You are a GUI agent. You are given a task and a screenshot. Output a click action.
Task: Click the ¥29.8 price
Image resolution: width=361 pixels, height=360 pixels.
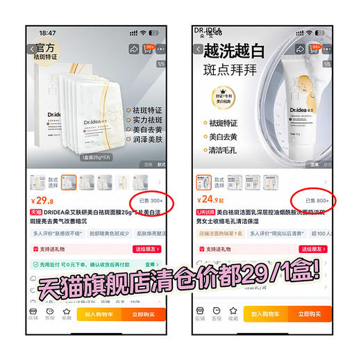pos(42,202)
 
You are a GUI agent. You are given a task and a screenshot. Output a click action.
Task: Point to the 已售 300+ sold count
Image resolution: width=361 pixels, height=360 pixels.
pos(149,200)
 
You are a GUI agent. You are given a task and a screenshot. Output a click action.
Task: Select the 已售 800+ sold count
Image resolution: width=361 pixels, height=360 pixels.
pos(316,200)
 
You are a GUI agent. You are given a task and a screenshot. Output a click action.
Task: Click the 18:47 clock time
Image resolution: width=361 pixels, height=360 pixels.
pos(48,33)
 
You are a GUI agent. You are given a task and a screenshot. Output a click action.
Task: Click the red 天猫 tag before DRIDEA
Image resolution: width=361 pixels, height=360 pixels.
pos(36,212)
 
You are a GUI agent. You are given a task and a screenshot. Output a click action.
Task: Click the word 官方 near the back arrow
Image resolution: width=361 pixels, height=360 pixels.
pos(47,49)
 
